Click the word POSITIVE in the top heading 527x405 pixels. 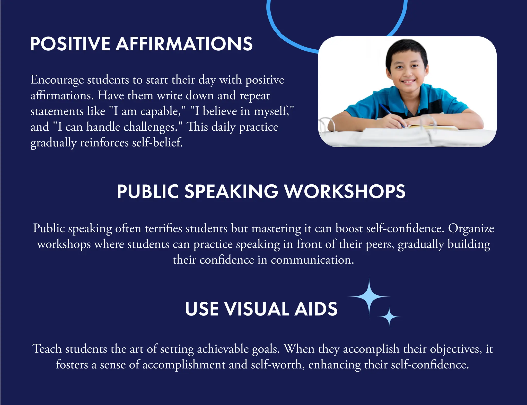[70, 44]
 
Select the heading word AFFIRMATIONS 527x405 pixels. [184, 44]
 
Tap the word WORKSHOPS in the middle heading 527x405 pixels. [345, 192]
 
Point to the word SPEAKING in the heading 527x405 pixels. [231, 192]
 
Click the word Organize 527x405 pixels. [471, 228]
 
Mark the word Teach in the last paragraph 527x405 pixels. [47, 349]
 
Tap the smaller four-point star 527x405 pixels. [389, 317]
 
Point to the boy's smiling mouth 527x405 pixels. [409, 82]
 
